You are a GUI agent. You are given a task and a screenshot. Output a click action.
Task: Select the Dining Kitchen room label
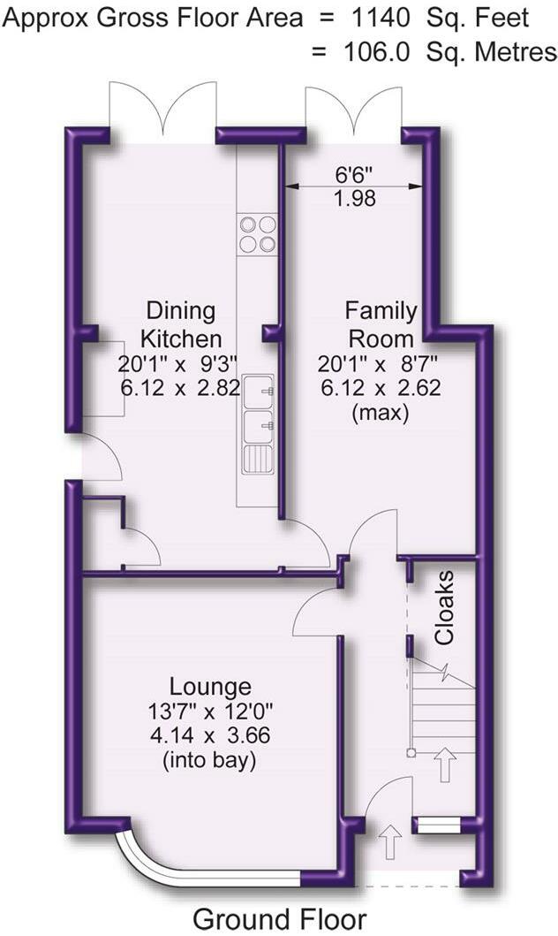coord(181,324)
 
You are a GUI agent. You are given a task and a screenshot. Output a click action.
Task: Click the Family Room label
coord(381,324)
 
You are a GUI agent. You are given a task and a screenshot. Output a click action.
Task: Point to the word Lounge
coord(210,687)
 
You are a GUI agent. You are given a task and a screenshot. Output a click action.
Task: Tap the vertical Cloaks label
coord(446,607)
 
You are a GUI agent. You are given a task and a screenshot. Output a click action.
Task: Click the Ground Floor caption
coord(279,918)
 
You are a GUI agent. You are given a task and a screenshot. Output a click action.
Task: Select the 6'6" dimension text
coord(353,174)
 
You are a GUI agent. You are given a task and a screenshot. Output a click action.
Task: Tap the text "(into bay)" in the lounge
coord(210,760)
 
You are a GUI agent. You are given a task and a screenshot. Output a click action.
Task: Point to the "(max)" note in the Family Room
coord(380,412)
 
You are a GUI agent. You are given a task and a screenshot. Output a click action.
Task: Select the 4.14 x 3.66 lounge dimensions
coord(210,735)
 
